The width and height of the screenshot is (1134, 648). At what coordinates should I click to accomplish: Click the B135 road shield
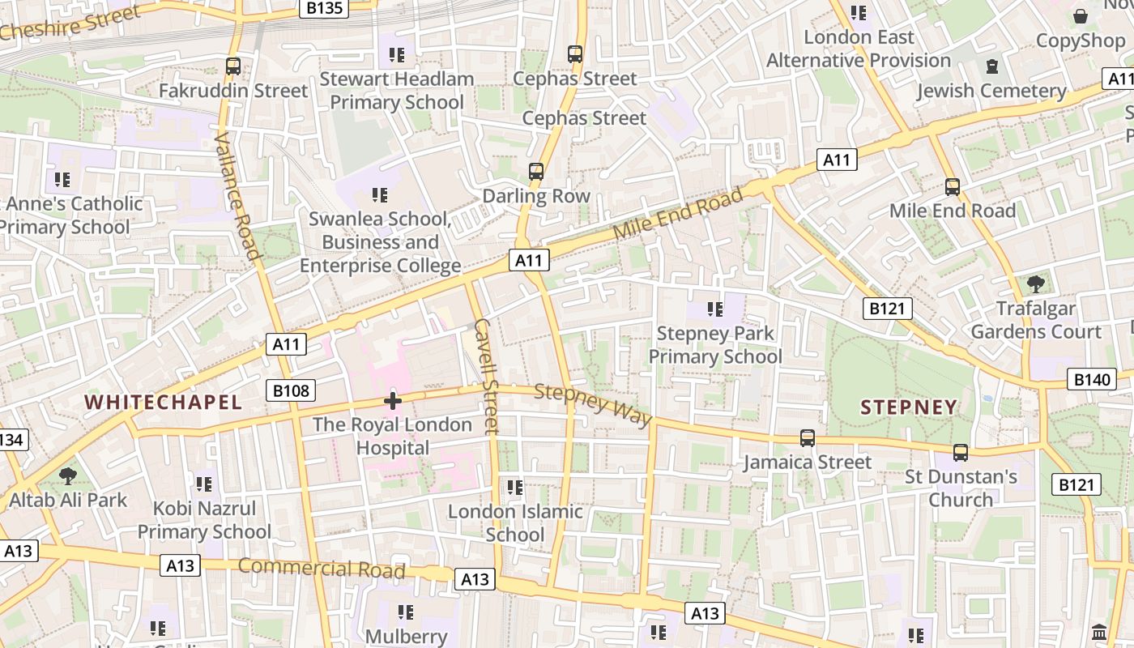pyautogui.click(x=323, y=8)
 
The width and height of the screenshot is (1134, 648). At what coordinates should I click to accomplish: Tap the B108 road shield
pyautogui.click(x=291, y=391)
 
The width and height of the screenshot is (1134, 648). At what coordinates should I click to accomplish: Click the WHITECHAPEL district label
pyautogui.click(x=163, y=402)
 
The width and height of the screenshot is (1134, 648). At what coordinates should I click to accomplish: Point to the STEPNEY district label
pyautogui.click(x=909, y=407)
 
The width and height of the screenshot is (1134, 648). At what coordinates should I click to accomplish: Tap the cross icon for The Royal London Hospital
pyautogui.click(x=393, y=401)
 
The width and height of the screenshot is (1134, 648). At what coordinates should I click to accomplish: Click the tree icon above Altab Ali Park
pyautogui.click(x=68, y=475)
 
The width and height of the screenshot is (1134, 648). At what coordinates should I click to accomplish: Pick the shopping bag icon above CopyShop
pyautogui.click(x=1081, y=16)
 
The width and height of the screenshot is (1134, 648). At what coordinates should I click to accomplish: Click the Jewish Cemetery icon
pyautogui.click(x=991, y=66)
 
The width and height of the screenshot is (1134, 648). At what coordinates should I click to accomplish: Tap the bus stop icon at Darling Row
pyautogui.click(x=536, y=172)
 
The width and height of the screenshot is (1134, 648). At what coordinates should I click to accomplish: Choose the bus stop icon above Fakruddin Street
pyautogui.click(x=233, y=66)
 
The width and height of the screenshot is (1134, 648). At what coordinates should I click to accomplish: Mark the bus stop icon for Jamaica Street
pyautogui.click(x=808, y=438)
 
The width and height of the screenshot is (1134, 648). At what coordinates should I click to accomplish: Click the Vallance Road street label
pyautogui.click(x=238, y=197)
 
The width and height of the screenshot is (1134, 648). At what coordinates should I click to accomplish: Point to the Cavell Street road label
pyautogui.click(x=487, y=376)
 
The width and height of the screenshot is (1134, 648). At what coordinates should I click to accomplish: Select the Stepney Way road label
pyautogui.click(x=594, y=404)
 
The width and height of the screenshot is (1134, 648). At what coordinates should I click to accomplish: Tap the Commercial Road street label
pyautogui.click(x=322, y=568)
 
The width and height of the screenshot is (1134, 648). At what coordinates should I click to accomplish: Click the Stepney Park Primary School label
pyautogui.click(x=715, y=344)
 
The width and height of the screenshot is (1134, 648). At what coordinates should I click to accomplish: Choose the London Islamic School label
pyautogui.click(x=515, y=522)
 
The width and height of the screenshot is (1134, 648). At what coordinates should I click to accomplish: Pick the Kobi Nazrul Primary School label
pyautogui.click(x=204, y=520)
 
